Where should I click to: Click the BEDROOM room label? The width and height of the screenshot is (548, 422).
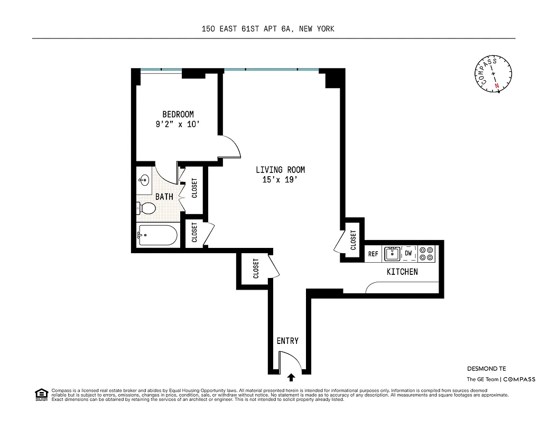point(178,114)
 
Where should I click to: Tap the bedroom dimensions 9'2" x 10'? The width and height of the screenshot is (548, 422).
point(178,125)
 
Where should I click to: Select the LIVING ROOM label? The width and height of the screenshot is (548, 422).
point(280,170)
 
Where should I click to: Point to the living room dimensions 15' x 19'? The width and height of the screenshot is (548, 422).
point(280,180)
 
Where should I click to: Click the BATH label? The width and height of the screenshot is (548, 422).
point(164,197)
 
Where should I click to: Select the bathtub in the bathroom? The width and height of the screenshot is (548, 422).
point(157,236)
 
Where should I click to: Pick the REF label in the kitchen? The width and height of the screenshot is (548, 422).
point(374,254)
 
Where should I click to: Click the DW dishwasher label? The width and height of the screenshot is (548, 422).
point(408,254)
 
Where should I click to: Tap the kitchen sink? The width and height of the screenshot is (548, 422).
point(392,254)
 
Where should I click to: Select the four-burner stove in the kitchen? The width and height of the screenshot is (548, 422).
point(426,254)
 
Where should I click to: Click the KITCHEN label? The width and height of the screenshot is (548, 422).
point(402,272)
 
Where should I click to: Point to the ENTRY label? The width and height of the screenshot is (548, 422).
point(287,341)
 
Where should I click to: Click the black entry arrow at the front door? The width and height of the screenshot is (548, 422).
point(291,377)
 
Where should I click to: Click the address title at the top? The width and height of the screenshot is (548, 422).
point(268,29)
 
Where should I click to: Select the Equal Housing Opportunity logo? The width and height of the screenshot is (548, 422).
point(41,394)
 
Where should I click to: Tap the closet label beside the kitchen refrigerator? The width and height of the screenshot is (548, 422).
point(353,240)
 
